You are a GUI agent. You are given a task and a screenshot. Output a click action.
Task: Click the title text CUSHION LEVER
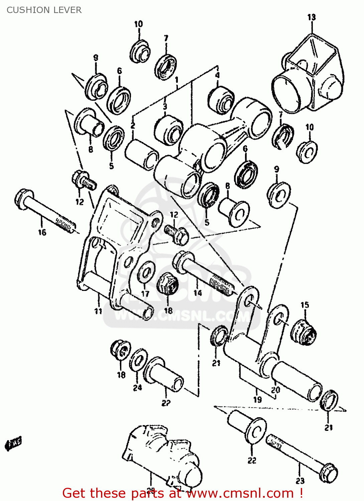pos(44,10)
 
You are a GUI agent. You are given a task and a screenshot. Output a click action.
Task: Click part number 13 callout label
pos(311,17)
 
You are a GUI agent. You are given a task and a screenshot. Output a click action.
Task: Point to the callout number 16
pos(42,232)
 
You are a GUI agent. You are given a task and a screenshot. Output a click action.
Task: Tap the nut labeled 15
pos(303,332)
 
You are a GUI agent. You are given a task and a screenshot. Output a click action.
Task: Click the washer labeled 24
pos(138,360)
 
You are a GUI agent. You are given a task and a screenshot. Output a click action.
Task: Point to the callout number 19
pos(257,399)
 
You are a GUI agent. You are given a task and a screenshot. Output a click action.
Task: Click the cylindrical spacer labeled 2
pos(142,154)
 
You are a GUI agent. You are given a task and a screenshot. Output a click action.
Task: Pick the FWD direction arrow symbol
pos(13,444)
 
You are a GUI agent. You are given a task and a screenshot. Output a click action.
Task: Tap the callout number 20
pos(275,390)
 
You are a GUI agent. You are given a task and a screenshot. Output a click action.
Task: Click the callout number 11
pos(98,311)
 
